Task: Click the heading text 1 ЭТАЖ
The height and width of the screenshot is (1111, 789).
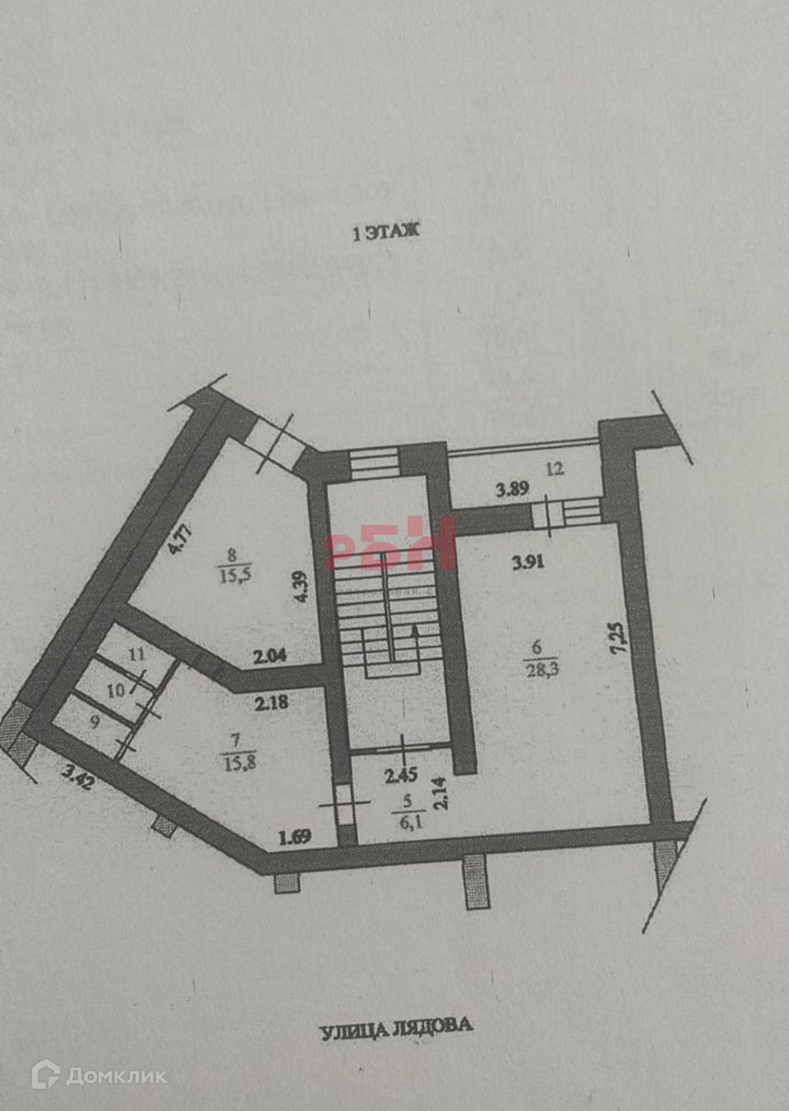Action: pyautogui.click(x=385, y=233)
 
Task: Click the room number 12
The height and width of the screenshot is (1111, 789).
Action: pyautogui.click(x=555, y=469)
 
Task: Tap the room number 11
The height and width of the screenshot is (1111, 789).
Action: pyautogui.click(x=136, y=655)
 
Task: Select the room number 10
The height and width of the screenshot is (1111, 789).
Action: pyautogui.click(x=117, y=690)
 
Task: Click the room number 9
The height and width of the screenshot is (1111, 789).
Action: pyautogui.click(x=95, y=723)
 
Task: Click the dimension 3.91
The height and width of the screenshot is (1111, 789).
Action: pyautogui.click(x=528, y=563)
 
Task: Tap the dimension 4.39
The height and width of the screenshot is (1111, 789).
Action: pyautogui.click(x=302, y=587)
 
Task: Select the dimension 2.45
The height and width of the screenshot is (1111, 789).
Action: pyautogui.click(x=402, y=773)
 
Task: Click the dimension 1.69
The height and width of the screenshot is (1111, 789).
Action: pyautogui.click(x=293, y=838)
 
